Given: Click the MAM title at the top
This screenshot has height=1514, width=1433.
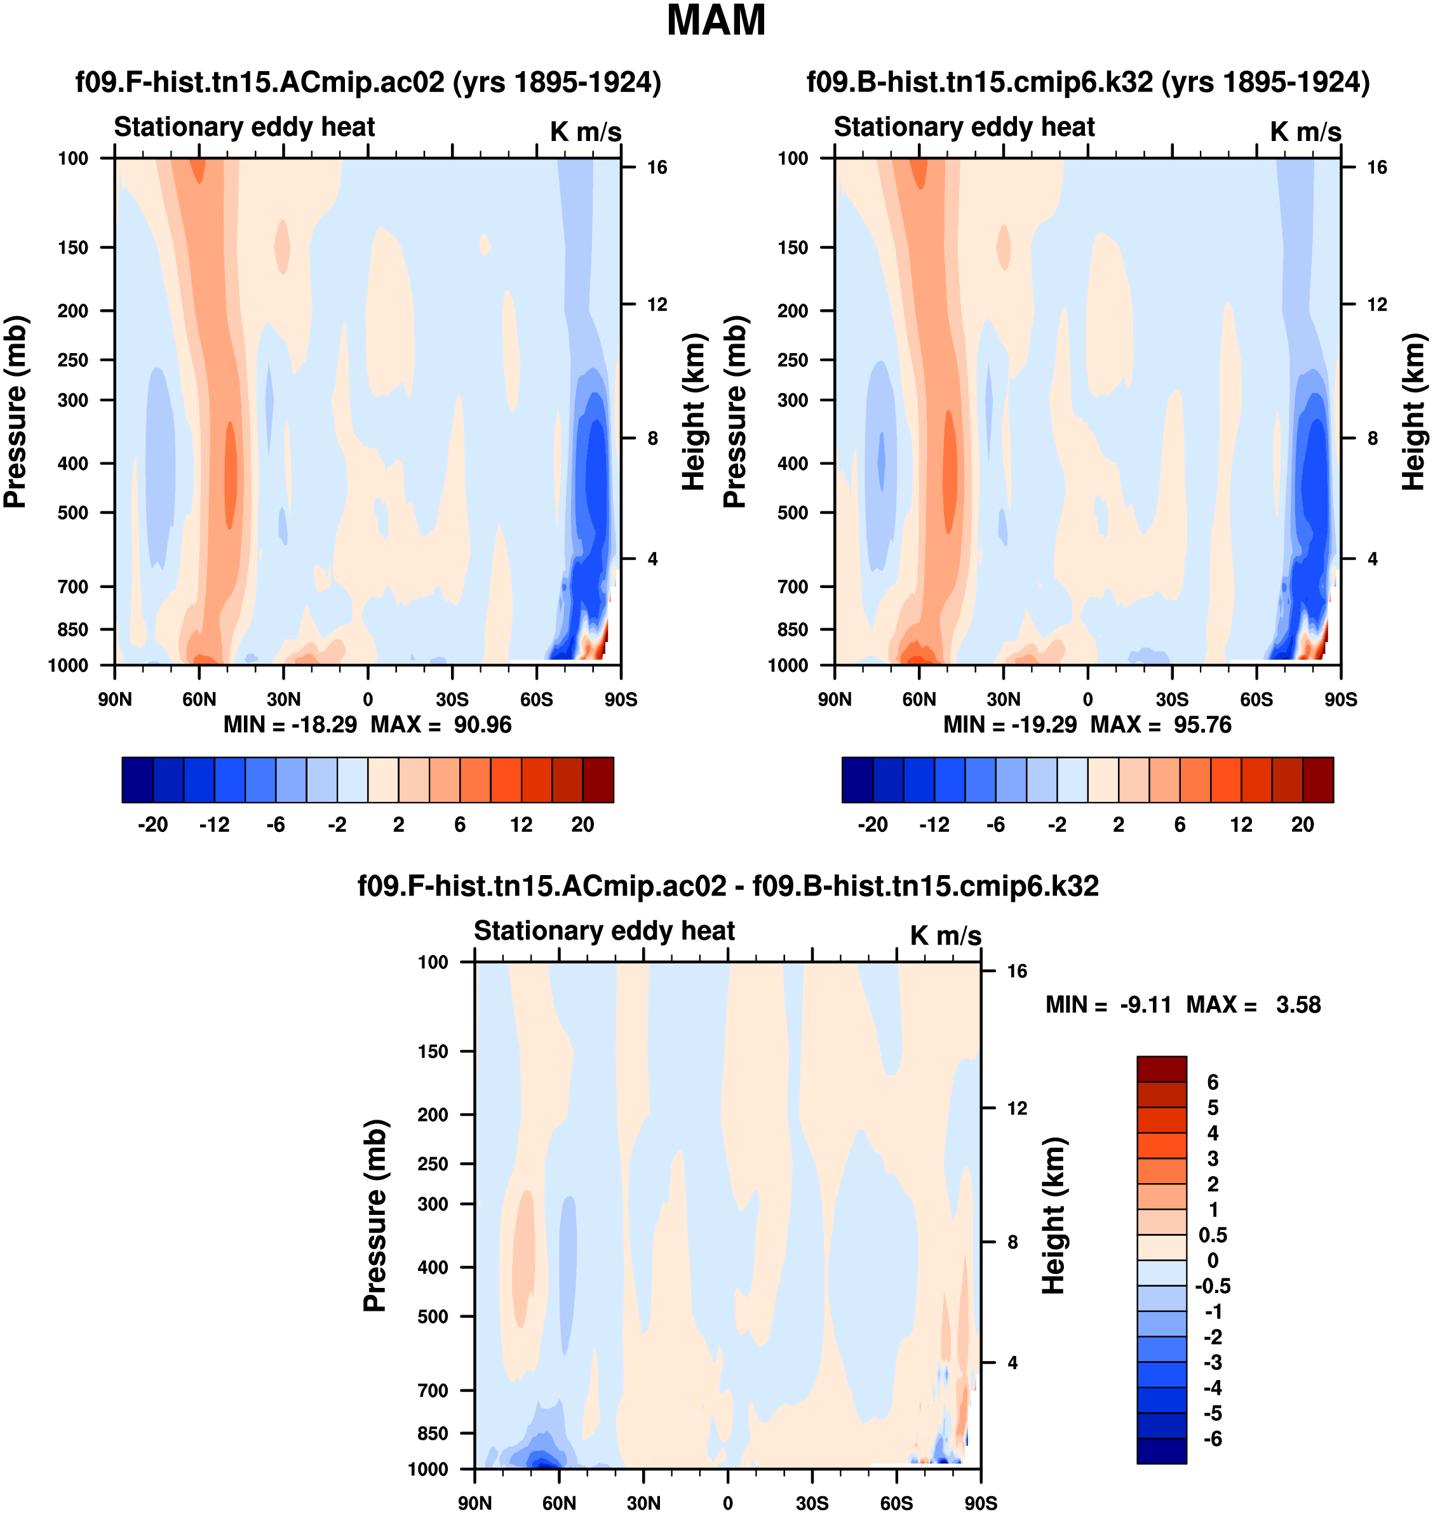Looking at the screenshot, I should (716, 20).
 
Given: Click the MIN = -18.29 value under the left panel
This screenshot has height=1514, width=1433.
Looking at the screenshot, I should (290, 724).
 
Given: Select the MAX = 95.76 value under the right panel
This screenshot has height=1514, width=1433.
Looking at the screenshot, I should (1161, 724).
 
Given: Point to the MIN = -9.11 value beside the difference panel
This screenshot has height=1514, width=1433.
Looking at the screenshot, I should (1108, 1005).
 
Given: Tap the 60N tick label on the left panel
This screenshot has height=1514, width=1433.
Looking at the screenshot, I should (199, 699).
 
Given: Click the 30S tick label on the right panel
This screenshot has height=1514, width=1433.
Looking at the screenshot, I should (1172, 699).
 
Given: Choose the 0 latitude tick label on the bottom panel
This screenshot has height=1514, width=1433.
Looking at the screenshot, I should (728, 1503).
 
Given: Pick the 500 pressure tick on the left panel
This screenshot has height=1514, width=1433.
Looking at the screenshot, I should (73, 512).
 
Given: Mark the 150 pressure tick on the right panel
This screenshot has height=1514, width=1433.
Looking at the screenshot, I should (793, 248).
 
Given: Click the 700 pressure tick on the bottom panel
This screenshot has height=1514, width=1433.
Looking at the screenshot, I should (433, 1390).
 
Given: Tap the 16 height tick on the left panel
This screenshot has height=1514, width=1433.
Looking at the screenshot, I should (657, 167).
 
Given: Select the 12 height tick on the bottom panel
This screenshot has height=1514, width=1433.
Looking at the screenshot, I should (1017, 1108).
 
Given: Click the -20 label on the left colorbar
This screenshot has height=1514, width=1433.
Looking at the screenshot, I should (153, 824).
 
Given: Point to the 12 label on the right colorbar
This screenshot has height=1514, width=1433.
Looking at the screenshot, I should (1241, 824).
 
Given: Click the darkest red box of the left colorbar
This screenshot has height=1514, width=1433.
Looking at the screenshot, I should (598, 779).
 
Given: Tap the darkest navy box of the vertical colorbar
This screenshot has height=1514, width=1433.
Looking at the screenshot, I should (1161, 1450).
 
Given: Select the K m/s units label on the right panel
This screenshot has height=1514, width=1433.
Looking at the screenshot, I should (1305, 131).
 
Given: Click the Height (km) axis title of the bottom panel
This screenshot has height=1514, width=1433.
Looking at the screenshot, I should (1054, 1214).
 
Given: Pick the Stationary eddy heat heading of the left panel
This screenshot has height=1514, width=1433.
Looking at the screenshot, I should (245, 127).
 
